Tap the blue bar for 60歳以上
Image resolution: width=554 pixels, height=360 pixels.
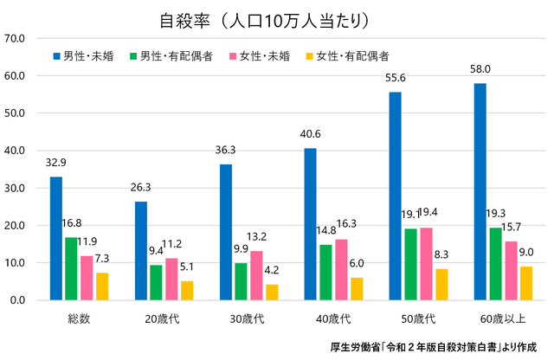(480, 191)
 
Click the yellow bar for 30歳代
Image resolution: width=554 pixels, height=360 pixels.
(273, 292)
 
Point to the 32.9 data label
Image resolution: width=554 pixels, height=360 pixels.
(55, 162)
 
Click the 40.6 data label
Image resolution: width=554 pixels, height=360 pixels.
(311, 133)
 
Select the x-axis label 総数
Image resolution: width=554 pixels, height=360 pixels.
(79, 319)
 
